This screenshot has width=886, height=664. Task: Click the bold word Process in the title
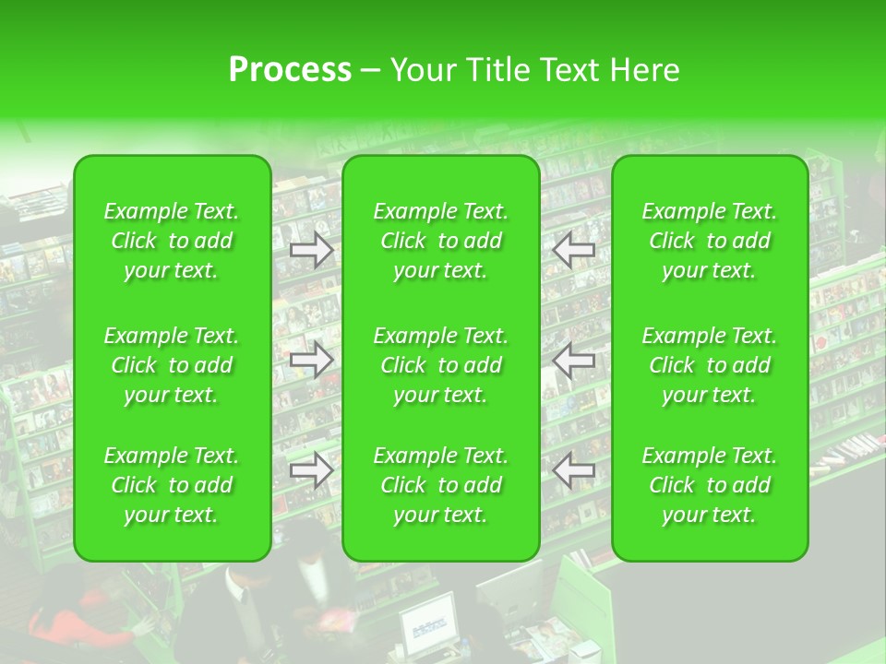point(290,69)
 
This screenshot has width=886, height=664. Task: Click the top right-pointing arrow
point(312,250)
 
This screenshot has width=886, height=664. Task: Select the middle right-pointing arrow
point(312,360)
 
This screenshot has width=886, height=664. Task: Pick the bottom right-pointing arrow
point(312,471)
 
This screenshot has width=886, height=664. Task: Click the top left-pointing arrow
point(574,250)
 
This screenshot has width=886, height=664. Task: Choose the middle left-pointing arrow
point(574,360)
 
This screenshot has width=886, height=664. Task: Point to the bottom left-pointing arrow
point(574,471)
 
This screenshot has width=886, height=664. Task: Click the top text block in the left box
point(172,241)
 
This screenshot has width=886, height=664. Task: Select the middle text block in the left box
point(172,365)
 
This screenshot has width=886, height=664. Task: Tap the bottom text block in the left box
point(172,485)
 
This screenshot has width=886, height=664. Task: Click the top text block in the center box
point(441,241)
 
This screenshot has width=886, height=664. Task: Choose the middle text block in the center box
point(441,365)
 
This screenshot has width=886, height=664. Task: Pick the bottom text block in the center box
point(441,485)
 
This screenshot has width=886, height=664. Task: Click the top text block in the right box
point(710,241)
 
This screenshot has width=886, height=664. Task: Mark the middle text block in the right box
point(710,365)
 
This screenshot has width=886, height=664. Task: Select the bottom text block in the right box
point(710,485)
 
